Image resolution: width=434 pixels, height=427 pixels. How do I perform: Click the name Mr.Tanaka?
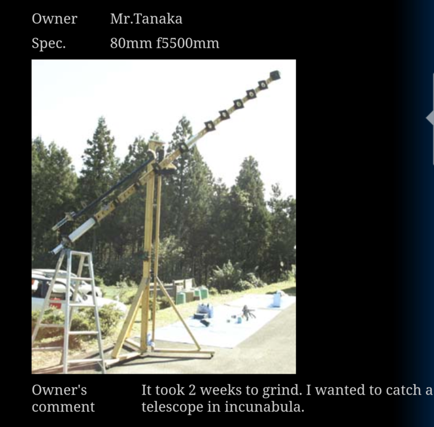click(146, 19)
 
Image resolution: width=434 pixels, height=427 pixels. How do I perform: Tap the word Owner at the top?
click(54, 19)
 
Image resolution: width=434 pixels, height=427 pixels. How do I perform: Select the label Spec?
click(48, 43)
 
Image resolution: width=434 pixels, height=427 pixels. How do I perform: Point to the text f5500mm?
click(187, 43)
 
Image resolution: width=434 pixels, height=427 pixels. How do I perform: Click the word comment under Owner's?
click(63, 407)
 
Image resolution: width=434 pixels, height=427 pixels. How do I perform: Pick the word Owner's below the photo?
click(59, 391)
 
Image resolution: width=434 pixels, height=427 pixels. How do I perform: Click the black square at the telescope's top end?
click(275, 75)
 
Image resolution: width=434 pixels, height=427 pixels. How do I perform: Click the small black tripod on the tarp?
click(248, 312)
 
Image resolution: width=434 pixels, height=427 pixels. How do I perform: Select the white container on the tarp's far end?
click(278, 299)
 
